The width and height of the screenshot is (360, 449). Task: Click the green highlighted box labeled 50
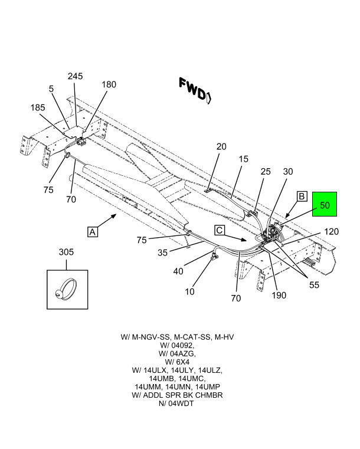[x=324, y=206]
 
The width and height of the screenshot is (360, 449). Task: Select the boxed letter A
[x=93, y=232]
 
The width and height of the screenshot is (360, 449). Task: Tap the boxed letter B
[x=301, y=196]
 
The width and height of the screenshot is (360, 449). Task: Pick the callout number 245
[x=75, y=76]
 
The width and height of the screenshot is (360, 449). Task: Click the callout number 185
[x=37, y=108]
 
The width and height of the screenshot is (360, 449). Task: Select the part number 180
[x=109, y=84]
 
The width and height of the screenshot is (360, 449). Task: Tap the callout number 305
[x=66, y=253]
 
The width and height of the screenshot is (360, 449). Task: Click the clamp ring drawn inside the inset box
[x=66, y=289]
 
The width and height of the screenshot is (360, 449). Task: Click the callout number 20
[x=221, y=147]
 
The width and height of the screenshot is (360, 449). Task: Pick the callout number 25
[x=266, y=172]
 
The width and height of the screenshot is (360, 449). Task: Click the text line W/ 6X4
[x=177, y=362]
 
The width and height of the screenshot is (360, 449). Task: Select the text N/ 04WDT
[x=177, y=403]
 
